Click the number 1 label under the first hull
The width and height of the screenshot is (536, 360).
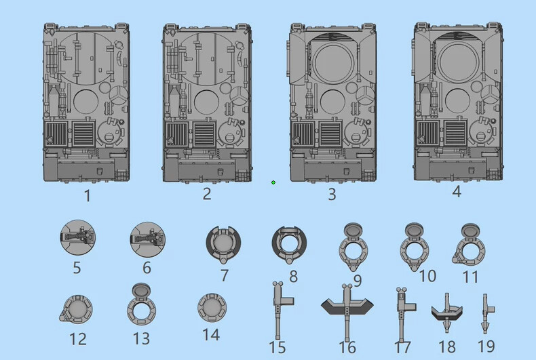(x=88, y=196)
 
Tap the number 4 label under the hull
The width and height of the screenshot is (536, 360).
(x=457, y=192)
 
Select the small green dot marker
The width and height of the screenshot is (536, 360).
(x=273, y=182)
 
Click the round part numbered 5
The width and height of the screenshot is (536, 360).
(x=77, y=237)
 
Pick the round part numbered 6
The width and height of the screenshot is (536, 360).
(x=147, y=239)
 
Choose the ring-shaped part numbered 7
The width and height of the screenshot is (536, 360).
(x=223, y=243)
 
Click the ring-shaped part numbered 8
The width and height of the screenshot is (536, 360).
(x=289, y=243)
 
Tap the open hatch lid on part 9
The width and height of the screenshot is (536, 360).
(x=353, y=231)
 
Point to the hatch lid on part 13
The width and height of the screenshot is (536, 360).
(x=141, y=291)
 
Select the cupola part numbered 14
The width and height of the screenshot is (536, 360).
(x=212, y=307)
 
